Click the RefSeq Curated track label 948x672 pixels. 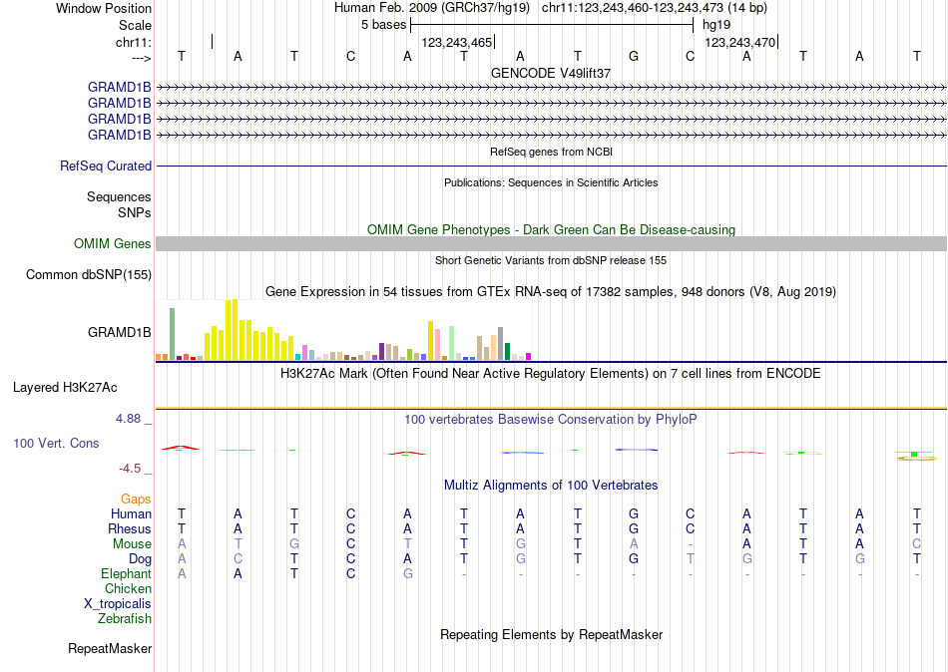106,167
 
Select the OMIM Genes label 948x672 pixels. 113,244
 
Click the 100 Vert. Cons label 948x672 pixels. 56,443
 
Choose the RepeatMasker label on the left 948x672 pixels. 110,649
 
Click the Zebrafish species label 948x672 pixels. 125,619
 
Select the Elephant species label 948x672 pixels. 126,574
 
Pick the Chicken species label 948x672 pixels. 128,589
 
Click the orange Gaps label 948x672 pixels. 136,499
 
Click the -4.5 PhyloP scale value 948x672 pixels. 132,469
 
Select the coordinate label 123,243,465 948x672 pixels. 457,43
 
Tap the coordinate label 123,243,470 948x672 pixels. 739,43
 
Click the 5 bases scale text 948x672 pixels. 383,24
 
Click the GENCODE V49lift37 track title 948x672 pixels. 551,73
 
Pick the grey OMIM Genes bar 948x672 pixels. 551,244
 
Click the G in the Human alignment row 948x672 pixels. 634,513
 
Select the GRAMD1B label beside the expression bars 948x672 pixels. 120,333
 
